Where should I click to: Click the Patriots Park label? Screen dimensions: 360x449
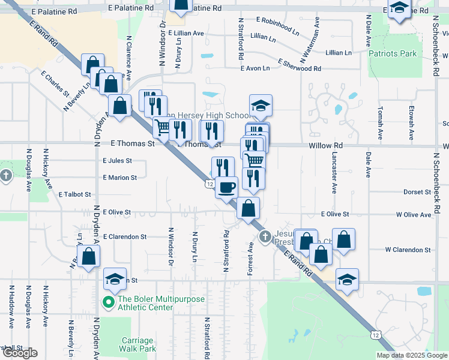click(x=393, y=53)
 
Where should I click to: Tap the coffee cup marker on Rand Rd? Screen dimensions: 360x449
click(x=226, y=187)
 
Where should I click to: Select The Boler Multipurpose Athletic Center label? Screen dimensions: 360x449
click(x=154, y=303)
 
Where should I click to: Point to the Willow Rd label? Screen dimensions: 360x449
click(x=325, y=145)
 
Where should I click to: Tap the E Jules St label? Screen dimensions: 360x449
click(x=117, y=161)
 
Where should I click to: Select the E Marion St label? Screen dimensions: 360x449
click(x=120, y=178)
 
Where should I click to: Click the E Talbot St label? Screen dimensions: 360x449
click(x=75, y=194)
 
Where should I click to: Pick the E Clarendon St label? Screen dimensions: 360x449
click(x=124, y=237)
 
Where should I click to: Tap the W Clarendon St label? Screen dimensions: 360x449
click(x=408, y=249)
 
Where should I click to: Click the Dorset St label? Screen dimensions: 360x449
click(x=417, y=192)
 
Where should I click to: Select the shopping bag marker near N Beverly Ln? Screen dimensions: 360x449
click(x=88, y=257)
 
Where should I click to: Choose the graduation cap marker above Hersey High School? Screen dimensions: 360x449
click(x=261, y=106)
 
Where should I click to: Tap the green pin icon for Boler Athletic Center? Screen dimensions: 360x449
click(x=109, y=302)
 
